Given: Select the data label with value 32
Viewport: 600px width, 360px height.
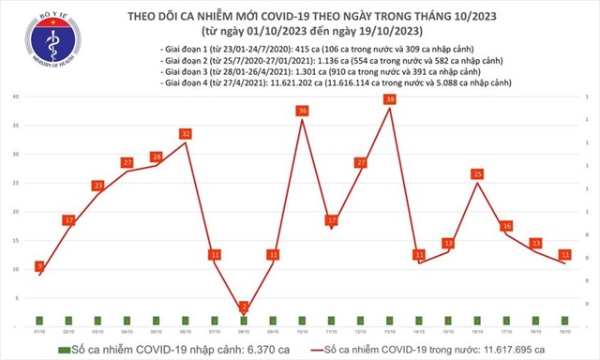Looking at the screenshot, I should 186,134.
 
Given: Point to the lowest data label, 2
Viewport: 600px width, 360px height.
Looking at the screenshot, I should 244,307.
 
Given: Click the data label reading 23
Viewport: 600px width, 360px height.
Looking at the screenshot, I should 97,186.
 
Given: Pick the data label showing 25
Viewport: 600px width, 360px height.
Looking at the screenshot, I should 478,173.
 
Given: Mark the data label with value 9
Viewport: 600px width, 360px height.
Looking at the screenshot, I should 39,266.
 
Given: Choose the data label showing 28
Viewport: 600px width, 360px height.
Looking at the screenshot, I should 157,157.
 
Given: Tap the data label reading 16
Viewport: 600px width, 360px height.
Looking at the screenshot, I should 507,226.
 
